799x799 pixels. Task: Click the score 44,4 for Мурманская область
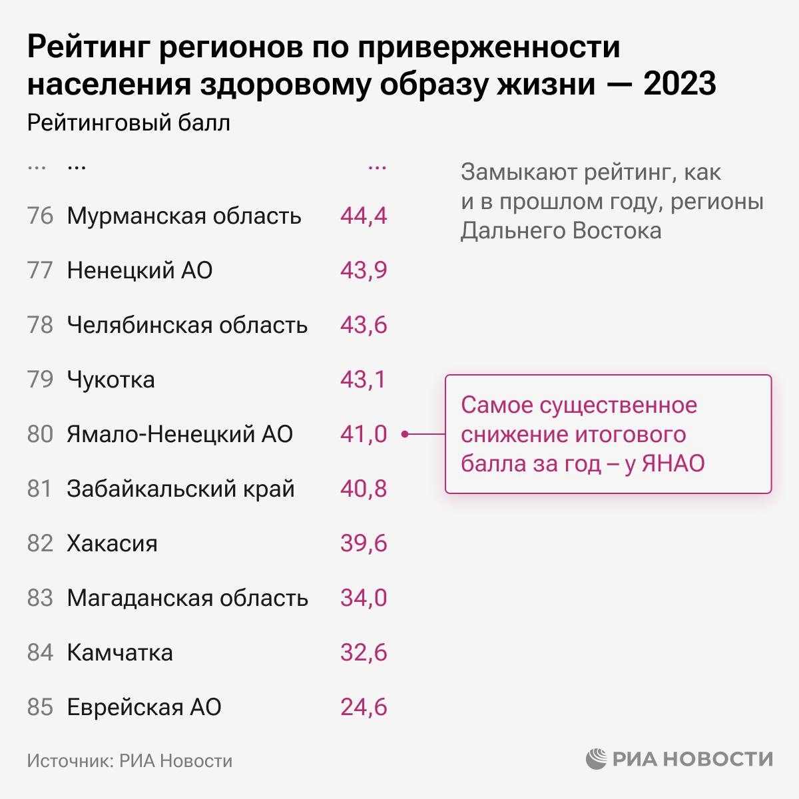[363, 216]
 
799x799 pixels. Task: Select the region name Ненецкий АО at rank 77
[140, 271]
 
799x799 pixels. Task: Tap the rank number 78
[40, 326]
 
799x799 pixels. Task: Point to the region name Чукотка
[111, 380]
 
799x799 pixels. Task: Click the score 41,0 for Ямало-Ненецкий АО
[363, 435]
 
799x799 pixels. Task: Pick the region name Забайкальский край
[180, 489]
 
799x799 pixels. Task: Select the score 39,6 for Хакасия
[363, 544]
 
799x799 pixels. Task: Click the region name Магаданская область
[187, 599]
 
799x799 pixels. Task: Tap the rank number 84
[40, 653]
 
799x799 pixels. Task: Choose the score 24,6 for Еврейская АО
[363, 708]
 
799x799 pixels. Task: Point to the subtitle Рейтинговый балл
[129, 123]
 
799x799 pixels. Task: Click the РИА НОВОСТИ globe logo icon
[597, 759]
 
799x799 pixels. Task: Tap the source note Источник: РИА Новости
[130, 760]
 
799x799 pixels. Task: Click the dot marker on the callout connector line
[405, 435]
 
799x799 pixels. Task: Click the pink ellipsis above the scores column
[377, 168]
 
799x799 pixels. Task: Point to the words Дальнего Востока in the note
[561, 231]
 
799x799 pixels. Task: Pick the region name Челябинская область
[187, 326]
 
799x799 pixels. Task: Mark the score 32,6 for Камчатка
[363, 653]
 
